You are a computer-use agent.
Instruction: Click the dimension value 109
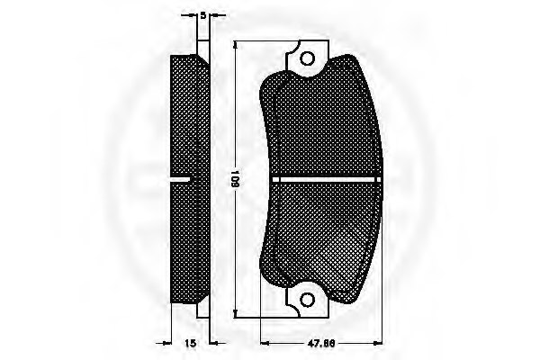pos(235,178)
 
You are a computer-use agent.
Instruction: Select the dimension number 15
pos(190,343)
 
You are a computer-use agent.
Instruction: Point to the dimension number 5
pos(202,15)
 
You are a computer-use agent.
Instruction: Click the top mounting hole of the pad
pos(307,58)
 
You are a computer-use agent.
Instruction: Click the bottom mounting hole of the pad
pos(307,300)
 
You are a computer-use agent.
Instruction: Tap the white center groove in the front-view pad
pos(326,179)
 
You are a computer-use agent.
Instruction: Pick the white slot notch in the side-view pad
pos(181,179)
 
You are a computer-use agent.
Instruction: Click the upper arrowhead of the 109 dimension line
pos(235,46)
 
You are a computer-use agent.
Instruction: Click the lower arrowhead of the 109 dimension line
pos(235,313)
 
